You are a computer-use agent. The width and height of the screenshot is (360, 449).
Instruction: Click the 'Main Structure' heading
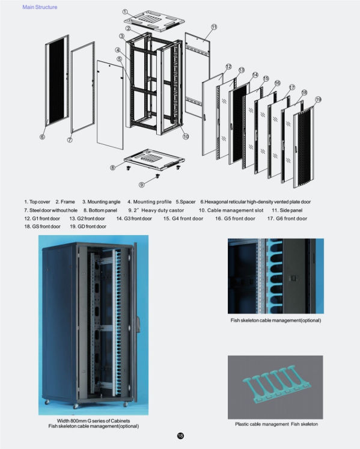pos(40,7)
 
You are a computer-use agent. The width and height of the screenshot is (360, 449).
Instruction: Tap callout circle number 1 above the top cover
pos(124,12)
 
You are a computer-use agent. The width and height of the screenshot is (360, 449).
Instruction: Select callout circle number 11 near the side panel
pos(213,28)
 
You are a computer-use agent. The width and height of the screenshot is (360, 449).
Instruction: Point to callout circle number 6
pos(42,137)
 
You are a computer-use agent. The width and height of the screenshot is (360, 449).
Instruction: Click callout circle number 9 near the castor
pos(141,184)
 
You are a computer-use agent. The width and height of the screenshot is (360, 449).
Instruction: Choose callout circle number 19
pos(318,99)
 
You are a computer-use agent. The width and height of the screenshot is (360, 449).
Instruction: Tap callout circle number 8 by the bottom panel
pos(112,168)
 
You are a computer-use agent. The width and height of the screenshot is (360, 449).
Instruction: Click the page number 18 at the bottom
pos(180,436)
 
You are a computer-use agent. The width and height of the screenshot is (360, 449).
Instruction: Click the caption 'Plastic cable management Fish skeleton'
pos(276,424)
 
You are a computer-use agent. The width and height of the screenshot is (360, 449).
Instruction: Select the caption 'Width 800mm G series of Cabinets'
pos(93,420)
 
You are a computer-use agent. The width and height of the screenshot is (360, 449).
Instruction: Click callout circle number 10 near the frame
pos(186,136)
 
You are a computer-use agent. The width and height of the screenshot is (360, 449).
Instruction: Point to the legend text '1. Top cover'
pos(37,202)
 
